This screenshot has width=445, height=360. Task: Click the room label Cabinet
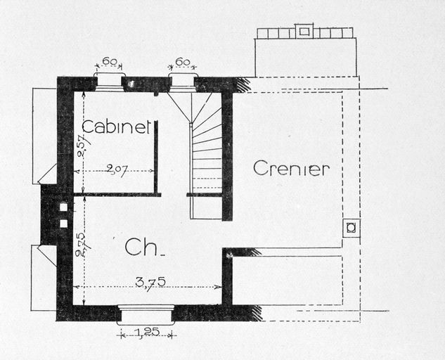(x=116, y=127)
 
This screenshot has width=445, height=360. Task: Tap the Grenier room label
(x=291, y=168)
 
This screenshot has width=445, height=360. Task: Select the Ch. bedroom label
(x=144, y=247)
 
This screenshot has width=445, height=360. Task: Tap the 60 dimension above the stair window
(x=183, y=62)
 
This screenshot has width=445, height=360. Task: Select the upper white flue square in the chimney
(x=64, y=207)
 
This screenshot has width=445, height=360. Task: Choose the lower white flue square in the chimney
(x=64, y=224)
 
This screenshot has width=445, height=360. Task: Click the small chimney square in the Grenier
(x=351, y=228)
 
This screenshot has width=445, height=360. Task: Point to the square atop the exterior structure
(x=304, y=31)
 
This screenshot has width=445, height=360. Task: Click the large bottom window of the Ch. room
(x=146, y=315)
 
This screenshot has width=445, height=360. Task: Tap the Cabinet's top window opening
(x=110, y=82)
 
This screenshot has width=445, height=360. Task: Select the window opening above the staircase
(x=182, y=82)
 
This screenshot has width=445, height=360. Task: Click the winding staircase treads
(x=206, y=155)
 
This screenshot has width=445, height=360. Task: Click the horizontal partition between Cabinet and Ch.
(x=117, y=195)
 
